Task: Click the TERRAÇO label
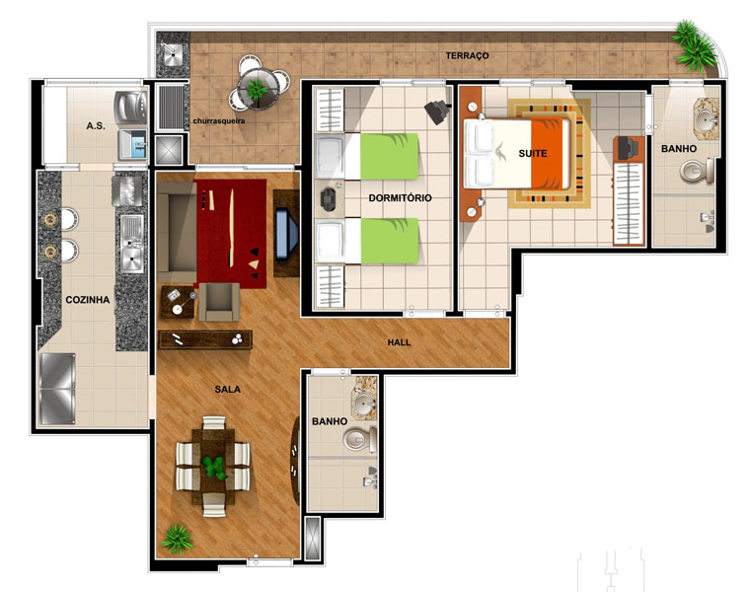[467, 56]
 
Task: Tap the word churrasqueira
[219, 121]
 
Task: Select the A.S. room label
[96, 126]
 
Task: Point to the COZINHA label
[88, 300]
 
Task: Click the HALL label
[399, 342]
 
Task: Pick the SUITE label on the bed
[532, 154]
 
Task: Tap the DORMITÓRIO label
[400, 198]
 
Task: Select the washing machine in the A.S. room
[130, 109]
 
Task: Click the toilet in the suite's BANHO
[697, 172]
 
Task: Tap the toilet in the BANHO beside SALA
[359, 439]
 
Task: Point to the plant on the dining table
[214, 468]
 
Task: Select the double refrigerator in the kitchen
[57, 389]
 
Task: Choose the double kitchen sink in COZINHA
[131, 244]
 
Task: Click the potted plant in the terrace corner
[694, 45]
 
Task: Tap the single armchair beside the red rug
[219, 302]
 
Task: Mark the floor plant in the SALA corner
[177, 540]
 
